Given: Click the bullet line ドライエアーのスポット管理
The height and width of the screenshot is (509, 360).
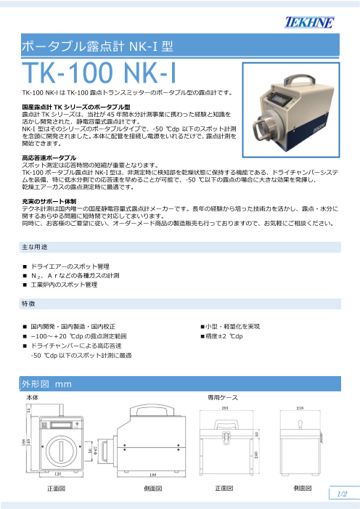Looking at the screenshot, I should [70, 266].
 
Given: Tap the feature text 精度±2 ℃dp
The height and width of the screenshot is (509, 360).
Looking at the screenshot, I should [225, 335].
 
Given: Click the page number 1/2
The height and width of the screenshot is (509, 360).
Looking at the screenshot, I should [344, 494].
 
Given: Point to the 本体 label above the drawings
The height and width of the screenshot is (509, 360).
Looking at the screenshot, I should [32, 399].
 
